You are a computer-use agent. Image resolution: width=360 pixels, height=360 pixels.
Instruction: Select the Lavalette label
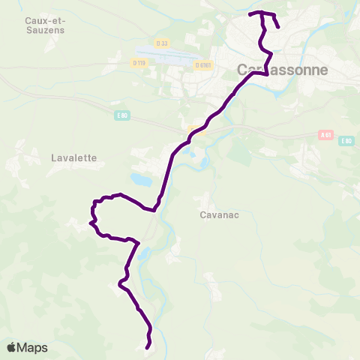73,157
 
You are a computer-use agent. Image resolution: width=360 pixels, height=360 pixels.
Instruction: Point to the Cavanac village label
220,214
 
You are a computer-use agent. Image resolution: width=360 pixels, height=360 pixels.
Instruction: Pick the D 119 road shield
139,63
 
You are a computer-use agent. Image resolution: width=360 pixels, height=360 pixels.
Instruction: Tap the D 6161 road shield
202,65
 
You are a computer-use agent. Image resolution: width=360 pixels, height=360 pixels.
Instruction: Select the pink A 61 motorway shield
325,135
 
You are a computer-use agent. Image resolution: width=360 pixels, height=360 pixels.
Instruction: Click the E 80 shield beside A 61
346,141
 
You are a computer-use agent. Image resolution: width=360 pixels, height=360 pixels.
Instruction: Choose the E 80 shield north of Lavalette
123,115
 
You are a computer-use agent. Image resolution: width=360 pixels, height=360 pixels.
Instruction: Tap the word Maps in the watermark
33,348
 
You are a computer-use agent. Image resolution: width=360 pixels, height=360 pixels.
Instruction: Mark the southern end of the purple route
147,346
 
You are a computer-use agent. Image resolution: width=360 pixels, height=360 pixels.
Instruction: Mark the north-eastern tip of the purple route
278,27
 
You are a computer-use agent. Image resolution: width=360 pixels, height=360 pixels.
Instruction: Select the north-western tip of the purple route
249,13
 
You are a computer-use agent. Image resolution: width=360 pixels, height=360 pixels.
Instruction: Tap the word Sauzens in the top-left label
44,31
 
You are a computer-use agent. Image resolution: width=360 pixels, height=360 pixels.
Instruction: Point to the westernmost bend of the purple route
90,222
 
